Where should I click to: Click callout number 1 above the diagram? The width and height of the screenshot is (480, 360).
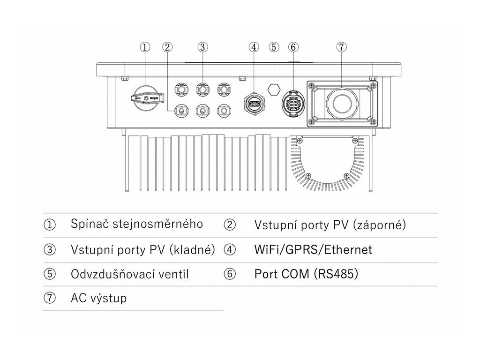[145, 47]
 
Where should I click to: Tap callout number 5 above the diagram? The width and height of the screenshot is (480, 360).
[274, 47]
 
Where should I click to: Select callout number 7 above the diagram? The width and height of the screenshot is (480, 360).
[341, 47]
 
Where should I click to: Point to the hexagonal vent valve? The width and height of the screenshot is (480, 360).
[273, 88]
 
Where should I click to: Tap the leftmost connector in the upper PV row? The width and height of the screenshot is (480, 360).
[181, 88]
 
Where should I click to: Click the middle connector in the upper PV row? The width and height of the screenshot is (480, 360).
[202, 88]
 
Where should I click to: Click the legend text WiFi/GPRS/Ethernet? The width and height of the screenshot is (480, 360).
[313, 249]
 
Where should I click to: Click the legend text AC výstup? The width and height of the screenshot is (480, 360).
[98, 298]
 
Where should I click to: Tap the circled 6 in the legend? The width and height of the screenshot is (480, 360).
[230, 274]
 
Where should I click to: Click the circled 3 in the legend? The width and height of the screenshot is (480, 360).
[50, 249]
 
